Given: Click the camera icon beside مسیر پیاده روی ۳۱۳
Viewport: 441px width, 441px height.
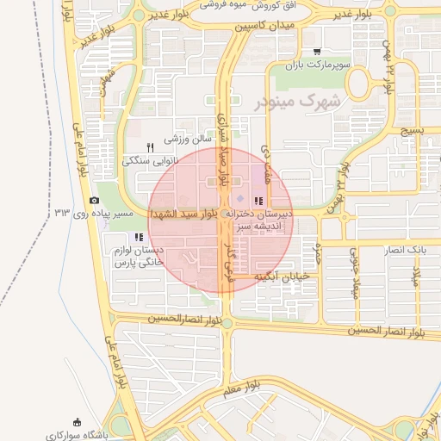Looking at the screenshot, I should (95, 200).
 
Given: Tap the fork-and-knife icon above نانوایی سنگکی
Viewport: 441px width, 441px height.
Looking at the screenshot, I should (152, 147).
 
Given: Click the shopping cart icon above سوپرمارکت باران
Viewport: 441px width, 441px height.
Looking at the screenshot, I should (317, 52).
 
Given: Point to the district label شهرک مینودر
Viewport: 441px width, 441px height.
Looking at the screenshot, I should (298, 102).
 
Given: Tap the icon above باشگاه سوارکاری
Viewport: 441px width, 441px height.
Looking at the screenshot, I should (78, 422).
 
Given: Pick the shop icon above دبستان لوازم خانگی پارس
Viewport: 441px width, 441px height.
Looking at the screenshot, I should (138, 237).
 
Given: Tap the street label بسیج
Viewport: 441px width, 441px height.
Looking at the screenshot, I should (413, 133).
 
